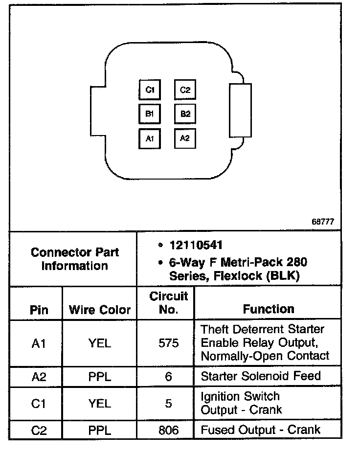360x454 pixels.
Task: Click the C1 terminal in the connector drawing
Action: tap(150, 90)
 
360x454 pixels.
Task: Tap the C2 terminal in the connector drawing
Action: tap(185, 90)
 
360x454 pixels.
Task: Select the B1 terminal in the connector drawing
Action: tap(150, 114)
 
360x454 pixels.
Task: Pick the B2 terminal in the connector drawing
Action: tap(185, 114)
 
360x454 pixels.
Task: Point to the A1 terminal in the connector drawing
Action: tap(150, 138)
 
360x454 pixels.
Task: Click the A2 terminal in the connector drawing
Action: tap(185, 138)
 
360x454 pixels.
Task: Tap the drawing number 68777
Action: tap(323, 221)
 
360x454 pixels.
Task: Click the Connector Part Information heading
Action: tap(74, 259)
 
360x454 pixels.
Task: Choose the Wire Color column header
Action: tap(100, 310)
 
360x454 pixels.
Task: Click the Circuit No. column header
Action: tap(169, 303)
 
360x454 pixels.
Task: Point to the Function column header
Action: tap(269, 309)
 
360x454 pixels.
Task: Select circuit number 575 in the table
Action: tap(169, 343)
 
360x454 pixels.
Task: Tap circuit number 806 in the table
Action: tap(169, 431)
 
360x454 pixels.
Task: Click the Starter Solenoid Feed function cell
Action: tap(261, 376)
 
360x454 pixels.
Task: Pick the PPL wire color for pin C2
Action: tap(100, 431)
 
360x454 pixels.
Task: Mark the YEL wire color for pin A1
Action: tap(100, 343)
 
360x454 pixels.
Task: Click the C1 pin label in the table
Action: tap(39, 404)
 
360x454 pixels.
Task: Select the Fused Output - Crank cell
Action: tap(261, 430)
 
